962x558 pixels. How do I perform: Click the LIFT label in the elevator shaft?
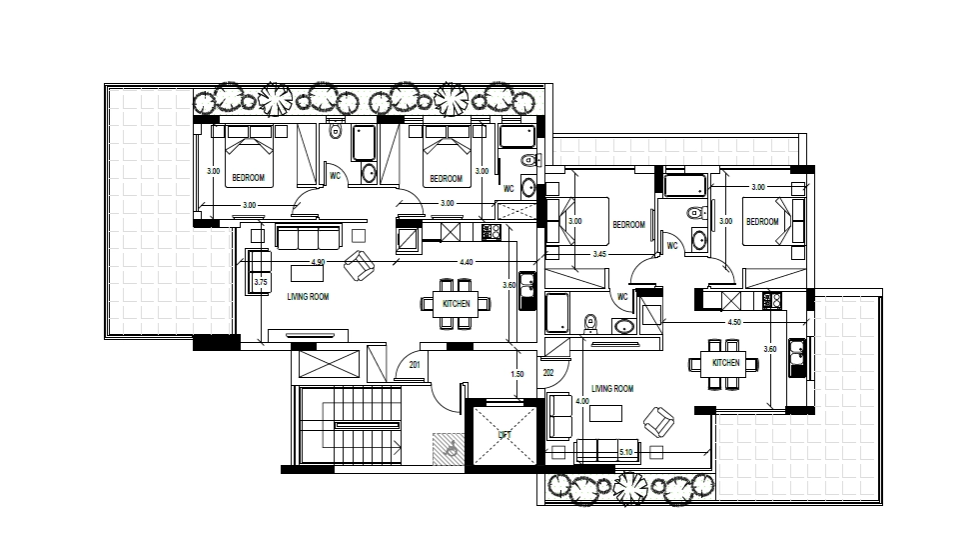[504, 435]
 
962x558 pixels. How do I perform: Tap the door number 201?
[415, 365]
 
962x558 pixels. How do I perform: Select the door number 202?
[548, 373]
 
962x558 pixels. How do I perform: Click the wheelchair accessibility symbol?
[450, 448]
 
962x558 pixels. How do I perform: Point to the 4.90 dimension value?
[318, 262]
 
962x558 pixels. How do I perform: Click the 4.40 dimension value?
[467, 262]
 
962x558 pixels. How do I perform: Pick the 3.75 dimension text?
[261, 282]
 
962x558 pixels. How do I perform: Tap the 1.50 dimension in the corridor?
[517, 374]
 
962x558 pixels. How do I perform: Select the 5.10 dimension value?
[625, 452]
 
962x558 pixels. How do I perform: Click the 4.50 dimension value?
[734, 322]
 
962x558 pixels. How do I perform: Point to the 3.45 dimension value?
[599, 254]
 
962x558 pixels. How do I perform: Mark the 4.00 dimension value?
[582, 401]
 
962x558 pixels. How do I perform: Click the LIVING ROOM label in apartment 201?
[308, 296]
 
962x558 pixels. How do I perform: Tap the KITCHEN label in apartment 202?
[726, 363]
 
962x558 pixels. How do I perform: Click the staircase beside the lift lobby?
[351, 425]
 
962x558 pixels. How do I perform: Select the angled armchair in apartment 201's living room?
[359, 265]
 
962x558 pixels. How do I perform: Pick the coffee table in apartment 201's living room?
[308, 272]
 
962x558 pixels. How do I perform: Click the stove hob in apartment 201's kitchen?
[491, 231]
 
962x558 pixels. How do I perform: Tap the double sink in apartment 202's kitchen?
[797, 357]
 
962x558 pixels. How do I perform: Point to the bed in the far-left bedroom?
[249, 156]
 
